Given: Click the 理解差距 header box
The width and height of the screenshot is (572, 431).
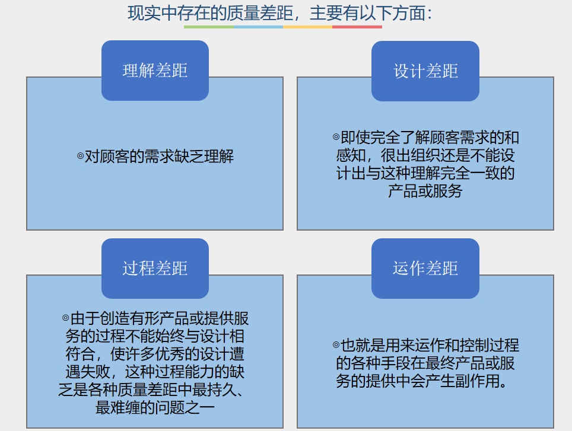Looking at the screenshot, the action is pos(155,71).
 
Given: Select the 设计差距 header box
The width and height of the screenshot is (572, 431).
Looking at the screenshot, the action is pos(425,71).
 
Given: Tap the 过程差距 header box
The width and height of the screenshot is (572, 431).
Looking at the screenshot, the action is pos(155,269).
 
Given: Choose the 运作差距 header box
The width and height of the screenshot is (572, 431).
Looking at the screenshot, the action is pos(425,269).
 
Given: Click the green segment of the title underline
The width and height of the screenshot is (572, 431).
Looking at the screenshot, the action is pos(209,27).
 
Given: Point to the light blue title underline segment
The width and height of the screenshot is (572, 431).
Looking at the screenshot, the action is pos(258,27).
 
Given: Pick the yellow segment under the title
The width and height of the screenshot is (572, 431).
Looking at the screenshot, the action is pos(307,27).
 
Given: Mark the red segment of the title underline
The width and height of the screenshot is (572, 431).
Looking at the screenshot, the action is pos(357,27).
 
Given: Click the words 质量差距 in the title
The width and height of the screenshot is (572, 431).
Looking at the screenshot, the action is pos(260,14).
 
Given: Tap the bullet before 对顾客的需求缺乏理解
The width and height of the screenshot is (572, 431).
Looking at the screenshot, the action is pos(81,157).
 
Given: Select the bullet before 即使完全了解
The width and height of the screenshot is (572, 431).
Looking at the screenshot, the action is pos(336,137).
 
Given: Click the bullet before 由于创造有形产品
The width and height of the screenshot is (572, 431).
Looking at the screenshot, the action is pos(66,318).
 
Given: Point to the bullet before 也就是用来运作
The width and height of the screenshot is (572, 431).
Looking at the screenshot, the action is pos(336,344).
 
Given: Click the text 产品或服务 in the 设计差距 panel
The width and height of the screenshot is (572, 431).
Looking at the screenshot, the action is pos(425,191).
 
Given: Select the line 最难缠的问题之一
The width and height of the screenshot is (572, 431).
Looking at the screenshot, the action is pos(155,407).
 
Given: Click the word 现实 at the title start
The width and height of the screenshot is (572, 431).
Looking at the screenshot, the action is pos(144,14).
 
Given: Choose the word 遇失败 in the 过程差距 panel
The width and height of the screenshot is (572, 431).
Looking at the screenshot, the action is pos(88,372).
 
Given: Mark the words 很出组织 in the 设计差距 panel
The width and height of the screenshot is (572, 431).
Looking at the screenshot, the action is pos(411,155).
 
